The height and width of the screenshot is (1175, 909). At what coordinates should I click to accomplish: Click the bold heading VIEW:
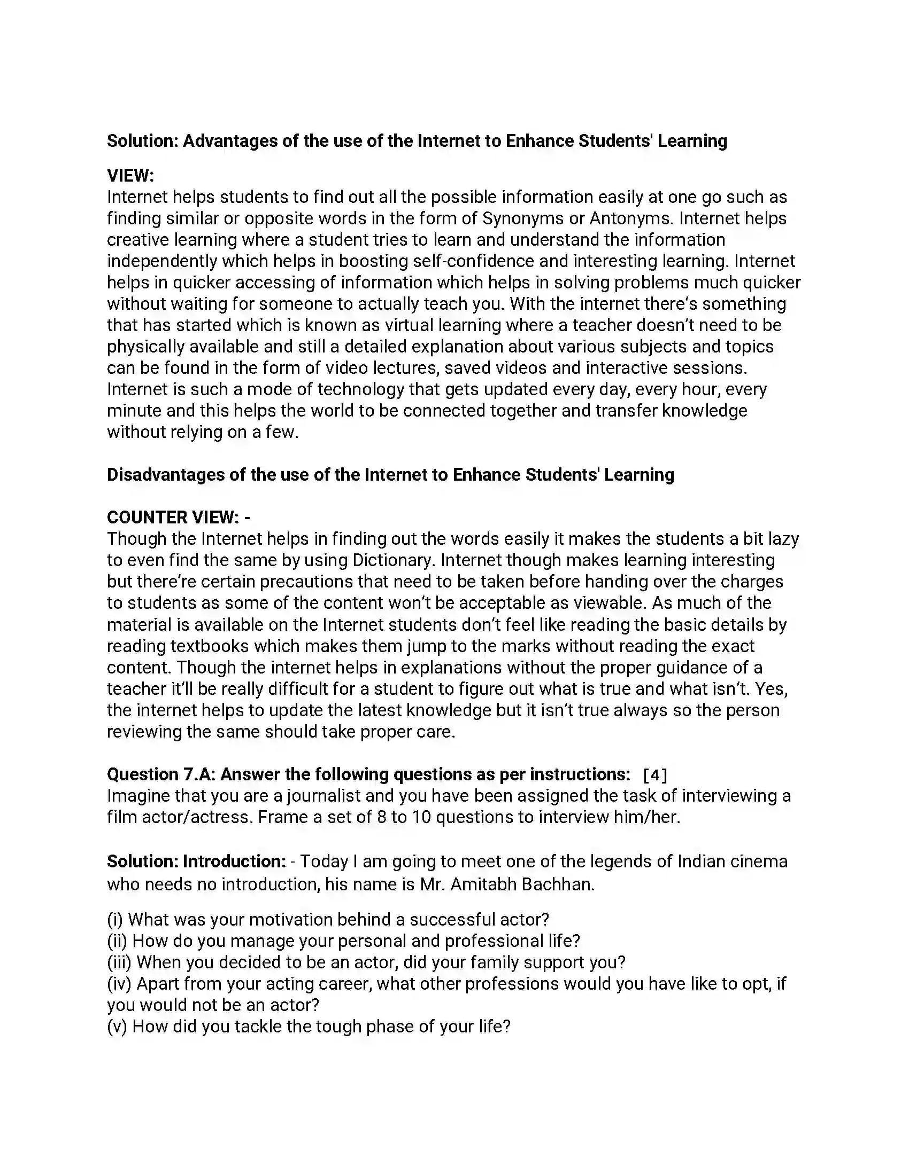point(130,175)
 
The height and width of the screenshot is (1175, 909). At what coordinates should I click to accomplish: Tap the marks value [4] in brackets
point(655,775)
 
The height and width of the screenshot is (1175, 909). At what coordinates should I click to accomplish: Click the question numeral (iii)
point(119,962)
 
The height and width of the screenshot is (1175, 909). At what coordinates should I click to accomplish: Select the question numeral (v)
point(117,1027)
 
